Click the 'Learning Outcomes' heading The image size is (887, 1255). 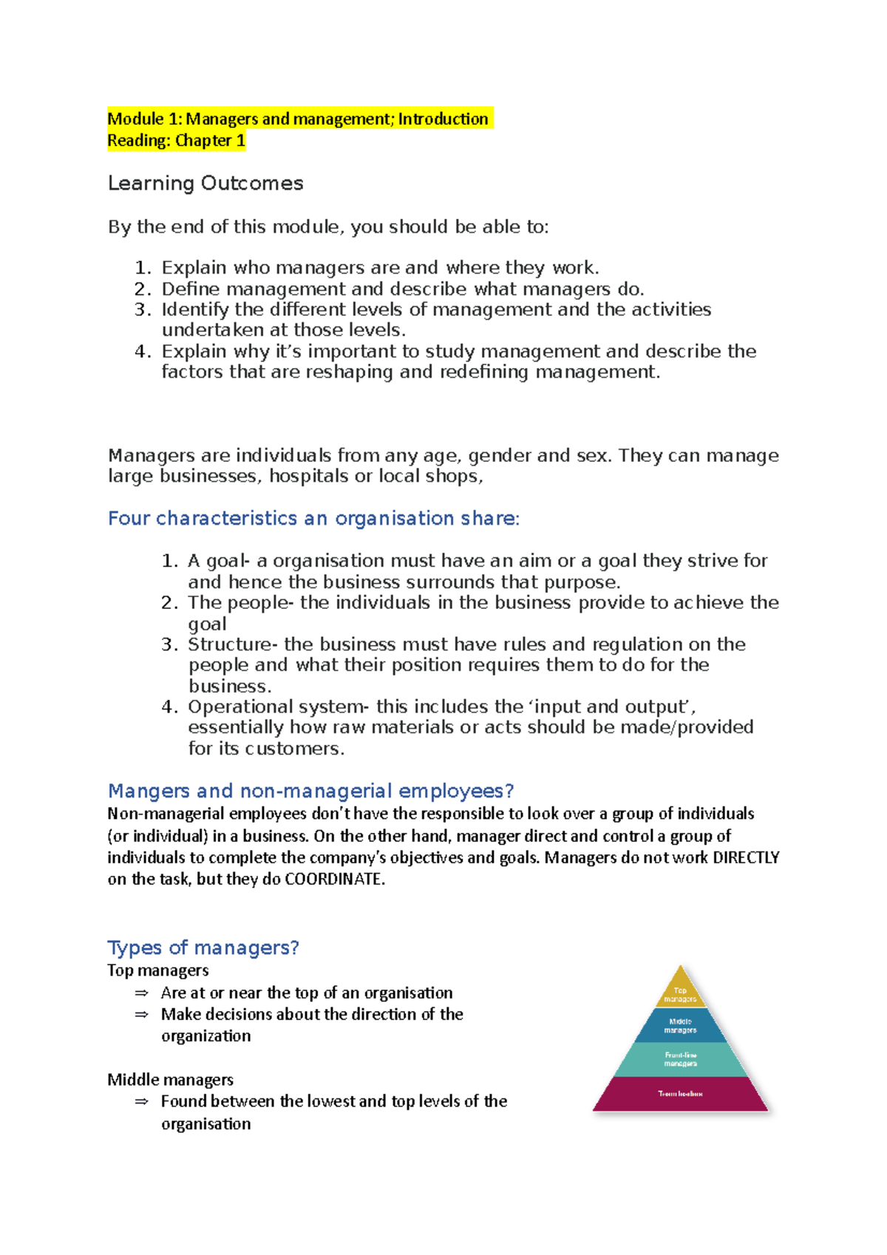[205, 183]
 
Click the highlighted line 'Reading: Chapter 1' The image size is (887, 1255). [176, 140]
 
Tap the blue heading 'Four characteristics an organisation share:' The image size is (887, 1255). [313, 519]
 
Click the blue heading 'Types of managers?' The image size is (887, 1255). [203, 948]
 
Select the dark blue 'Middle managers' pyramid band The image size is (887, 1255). [680, 1026]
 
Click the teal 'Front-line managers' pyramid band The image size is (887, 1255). [680, 1059]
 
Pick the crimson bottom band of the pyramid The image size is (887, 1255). [680, 1094]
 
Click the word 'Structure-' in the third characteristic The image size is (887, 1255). [230, 644]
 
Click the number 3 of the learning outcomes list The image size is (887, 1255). [141, 310]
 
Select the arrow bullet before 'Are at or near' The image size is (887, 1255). [141, 993]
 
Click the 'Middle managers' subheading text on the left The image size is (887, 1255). [170, 1080]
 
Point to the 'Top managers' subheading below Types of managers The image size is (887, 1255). [157, 970]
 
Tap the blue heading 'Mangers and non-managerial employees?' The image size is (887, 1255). [310, 792]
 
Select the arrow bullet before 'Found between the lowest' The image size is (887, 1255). [141, 1102]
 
